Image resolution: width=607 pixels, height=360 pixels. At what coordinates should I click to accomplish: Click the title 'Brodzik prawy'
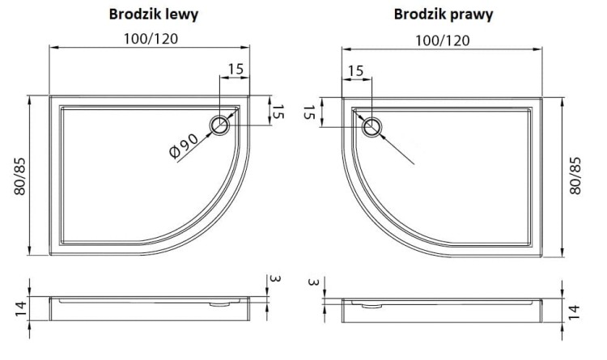click(x=444, y=14)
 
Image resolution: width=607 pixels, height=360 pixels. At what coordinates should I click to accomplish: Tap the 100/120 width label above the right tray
click(x=442, y=39)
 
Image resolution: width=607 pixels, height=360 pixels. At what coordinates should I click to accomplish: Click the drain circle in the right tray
click(x=372, y=125)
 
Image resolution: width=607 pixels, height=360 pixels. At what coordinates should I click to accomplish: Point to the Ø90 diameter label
click(x=185, y=148)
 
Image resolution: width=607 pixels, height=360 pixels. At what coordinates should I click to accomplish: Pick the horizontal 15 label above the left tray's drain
click(x=235, y=70)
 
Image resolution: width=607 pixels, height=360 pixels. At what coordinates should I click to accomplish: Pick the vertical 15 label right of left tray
click(x=278, y=112)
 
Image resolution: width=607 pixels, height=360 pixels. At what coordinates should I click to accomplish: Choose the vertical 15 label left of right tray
click(x=308, y=112)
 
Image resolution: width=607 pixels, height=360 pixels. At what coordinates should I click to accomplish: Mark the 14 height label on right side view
click(x=575, y=311)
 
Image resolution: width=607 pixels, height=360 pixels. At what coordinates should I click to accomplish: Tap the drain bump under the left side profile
click(x=218, y=304)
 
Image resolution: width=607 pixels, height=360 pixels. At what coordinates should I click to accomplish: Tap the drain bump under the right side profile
click(x=371, y=305)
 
